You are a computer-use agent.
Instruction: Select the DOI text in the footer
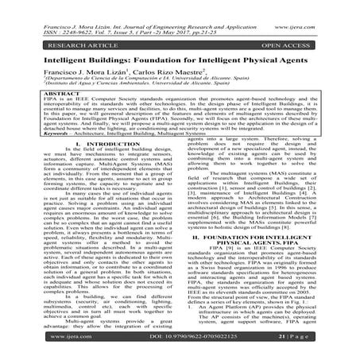179,347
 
